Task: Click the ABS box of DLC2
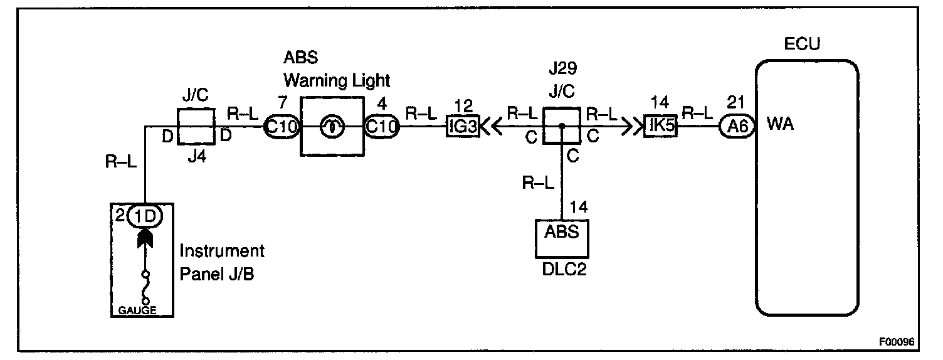pos(561,233)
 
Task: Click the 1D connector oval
pos(145,217)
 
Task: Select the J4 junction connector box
pos(196,126)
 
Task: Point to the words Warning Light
pos(337,80)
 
